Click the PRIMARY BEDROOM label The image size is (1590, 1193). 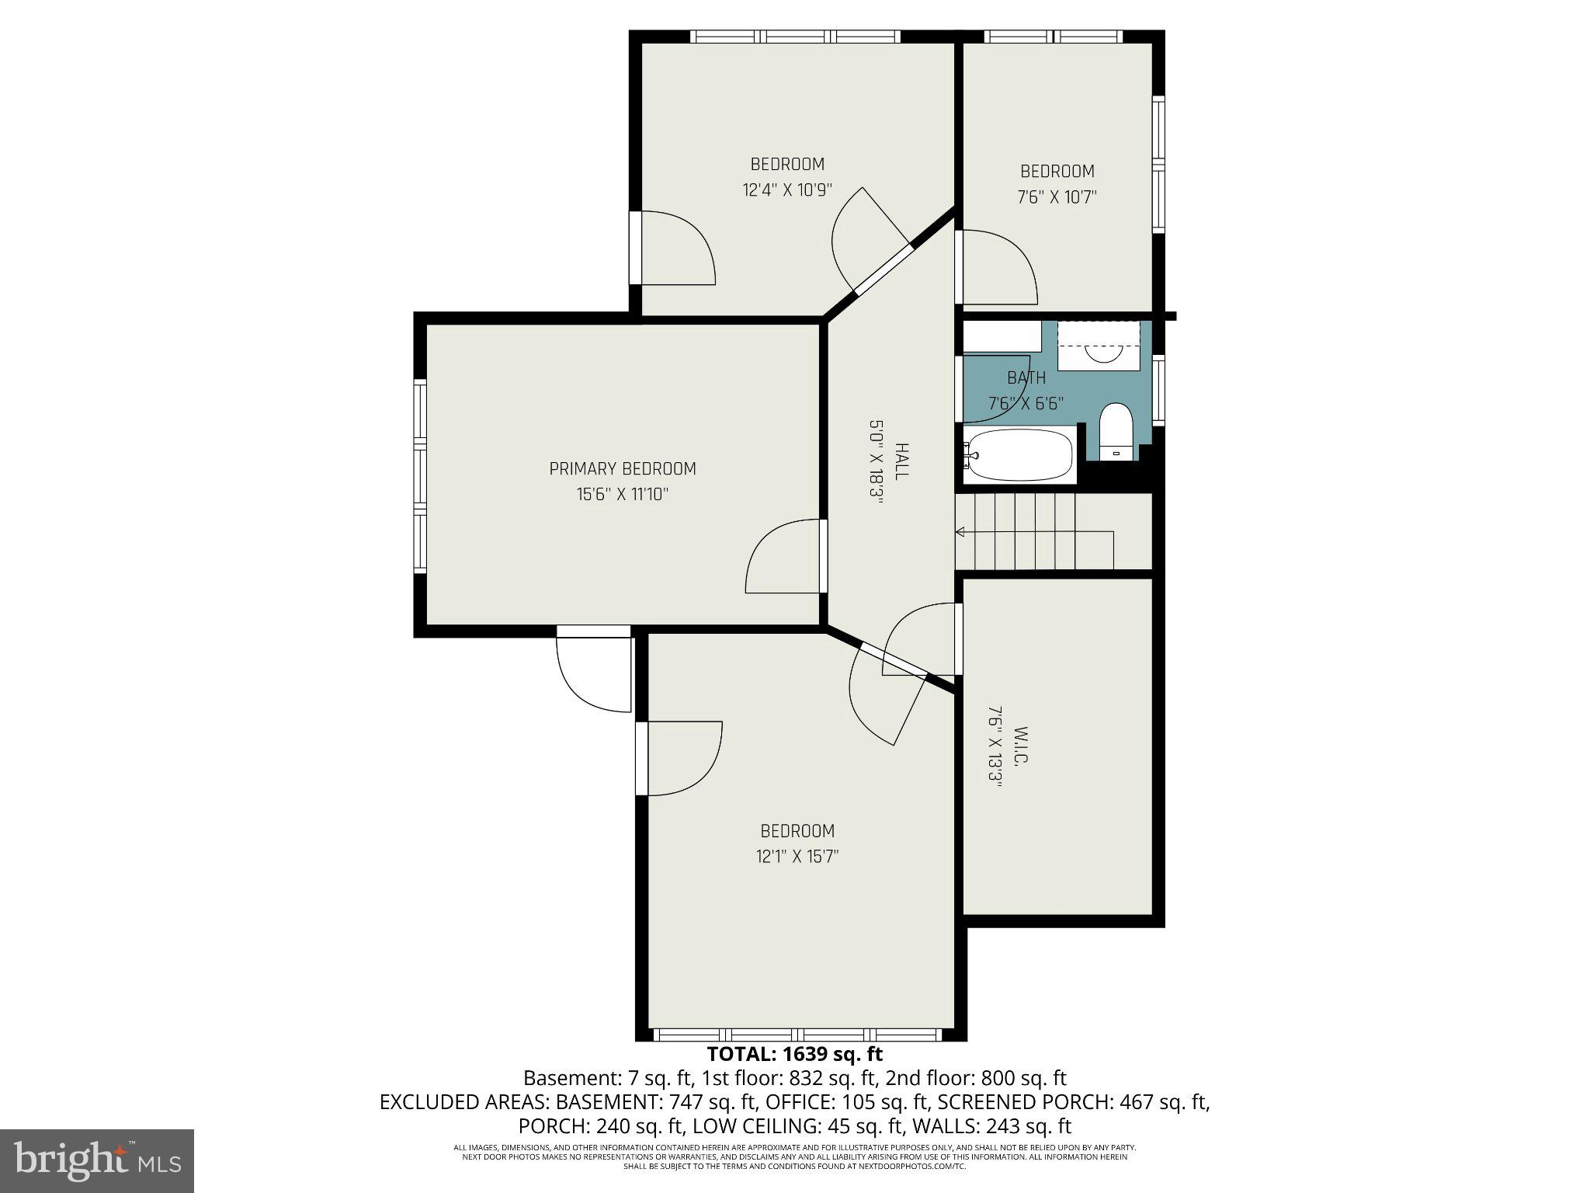coord(622,468)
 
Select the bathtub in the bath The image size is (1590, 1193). coord(1020,457)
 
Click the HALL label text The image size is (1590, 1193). coord(901,461)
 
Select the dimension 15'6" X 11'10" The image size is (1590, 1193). coord(622,495)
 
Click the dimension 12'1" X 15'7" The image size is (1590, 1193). coord(797,857)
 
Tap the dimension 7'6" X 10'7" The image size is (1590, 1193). coord(1057,197)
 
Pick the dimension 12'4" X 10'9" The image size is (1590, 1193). coord(786,190)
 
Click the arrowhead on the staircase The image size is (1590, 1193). coord(960,532)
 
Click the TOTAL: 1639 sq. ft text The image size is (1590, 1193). coord(794,1054)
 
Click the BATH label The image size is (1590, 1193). coord(1026,377)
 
